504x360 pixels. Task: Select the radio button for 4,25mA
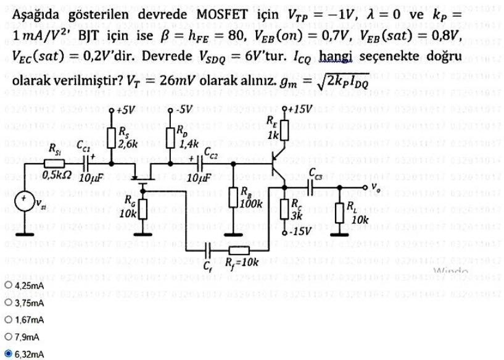[7, 286]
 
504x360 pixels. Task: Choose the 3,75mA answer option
[7, 303]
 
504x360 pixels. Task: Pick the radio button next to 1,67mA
[7, 320]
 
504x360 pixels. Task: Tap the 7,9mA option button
[7, 337]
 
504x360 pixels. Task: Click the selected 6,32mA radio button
[7, 354]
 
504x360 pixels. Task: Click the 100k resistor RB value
[252, 201]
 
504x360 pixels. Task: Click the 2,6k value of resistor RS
[127, 145]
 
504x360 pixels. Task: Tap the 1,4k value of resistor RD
[188, 146]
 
